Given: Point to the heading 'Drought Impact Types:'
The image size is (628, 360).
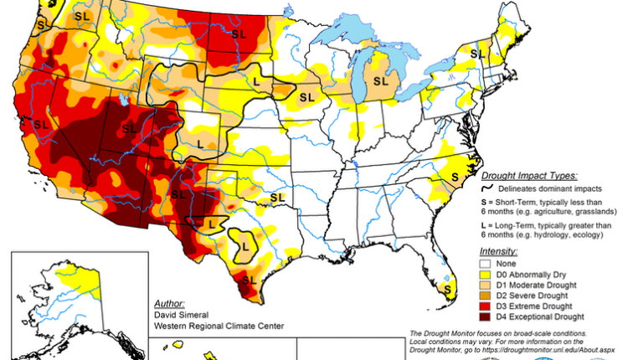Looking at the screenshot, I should pos(528,177).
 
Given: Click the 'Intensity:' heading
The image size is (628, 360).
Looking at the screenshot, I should pos(498,250).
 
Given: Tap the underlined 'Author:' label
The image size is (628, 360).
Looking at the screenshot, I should pos(171,302).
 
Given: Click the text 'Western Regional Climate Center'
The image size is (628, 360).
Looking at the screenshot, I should pos(220,326).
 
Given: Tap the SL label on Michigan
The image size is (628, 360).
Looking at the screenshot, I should pos(381,81).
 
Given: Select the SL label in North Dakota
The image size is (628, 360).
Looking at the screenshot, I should pos(239,34).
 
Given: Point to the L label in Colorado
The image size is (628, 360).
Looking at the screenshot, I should pos(200,144).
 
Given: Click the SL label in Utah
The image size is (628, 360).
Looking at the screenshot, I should pos(129,128).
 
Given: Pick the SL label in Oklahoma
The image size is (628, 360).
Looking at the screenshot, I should pos(275,196).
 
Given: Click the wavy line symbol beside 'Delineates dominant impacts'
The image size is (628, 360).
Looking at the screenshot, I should pos(486,189).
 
